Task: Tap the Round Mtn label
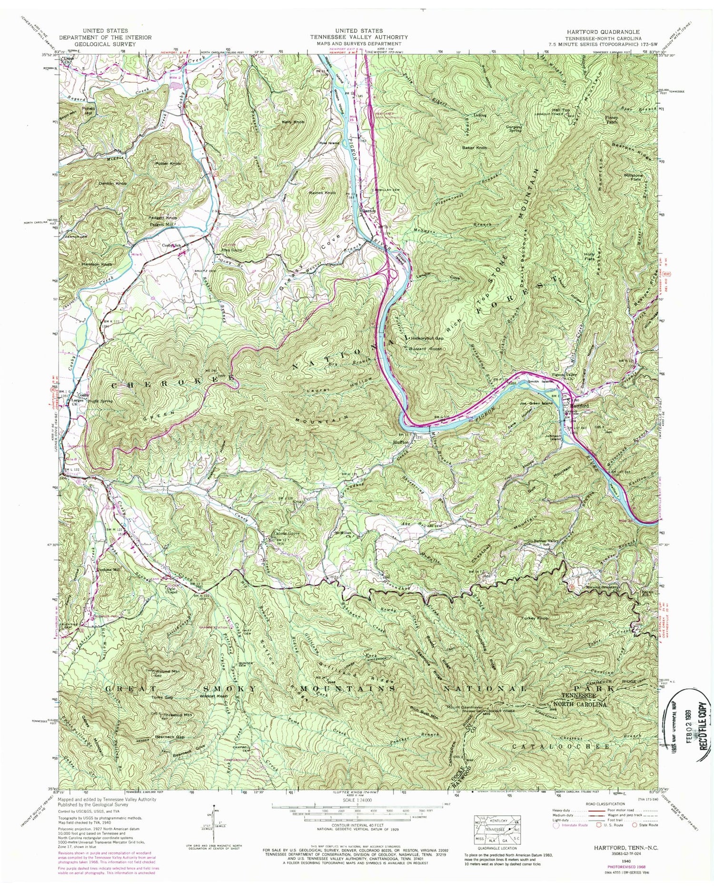click(167, 671)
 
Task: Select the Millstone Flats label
click(633, 178)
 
